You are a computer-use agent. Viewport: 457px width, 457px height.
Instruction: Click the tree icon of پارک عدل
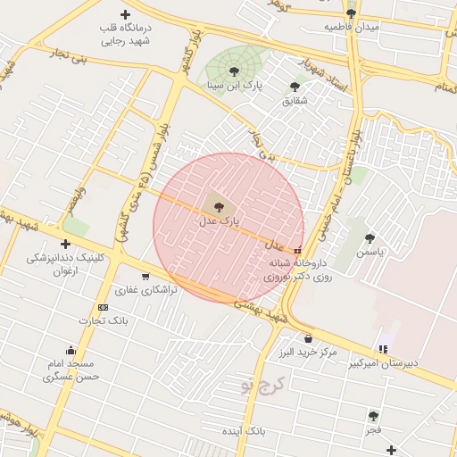220,205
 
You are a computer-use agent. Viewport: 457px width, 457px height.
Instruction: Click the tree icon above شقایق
295,87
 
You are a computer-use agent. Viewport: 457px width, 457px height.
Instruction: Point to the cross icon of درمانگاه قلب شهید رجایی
125,15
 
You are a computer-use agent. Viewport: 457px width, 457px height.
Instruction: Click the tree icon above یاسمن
370,237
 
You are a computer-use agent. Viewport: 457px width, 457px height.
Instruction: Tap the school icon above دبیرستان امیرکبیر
383,349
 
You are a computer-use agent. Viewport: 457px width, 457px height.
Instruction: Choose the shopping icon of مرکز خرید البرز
309,338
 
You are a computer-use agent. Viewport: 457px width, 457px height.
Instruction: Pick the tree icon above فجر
373,416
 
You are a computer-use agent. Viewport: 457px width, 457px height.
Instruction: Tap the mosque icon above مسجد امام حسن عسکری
71,350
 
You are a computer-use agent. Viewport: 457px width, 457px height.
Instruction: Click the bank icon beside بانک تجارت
103,307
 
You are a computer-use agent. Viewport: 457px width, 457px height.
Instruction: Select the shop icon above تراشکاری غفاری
145,276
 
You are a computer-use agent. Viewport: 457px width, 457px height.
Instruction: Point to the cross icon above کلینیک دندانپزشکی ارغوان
65,244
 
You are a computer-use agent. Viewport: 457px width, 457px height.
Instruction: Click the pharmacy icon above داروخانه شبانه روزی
297,250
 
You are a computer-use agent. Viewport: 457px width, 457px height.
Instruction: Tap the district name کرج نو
260,386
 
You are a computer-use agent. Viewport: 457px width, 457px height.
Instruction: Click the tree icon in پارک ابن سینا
234,71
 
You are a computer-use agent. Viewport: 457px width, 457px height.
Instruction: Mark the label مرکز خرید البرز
308,353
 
